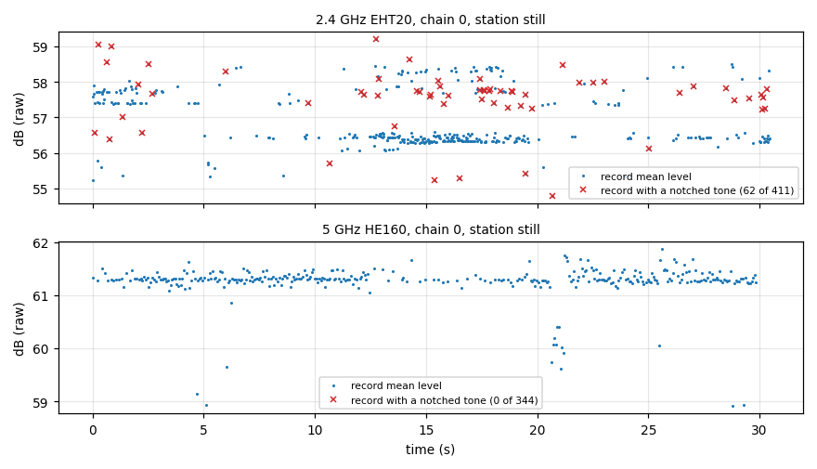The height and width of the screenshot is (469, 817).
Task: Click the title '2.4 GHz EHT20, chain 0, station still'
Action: point(431,20)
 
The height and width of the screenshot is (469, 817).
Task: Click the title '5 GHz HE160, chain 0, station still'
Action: point(431,229)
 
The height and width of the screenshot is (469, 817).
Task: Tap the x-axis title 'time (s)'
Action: point(431,449)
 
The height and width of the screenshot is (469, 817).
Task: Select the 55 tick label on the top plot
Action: point(40,189)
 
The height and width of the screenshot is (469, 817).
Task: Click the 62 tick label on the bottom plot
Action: point(40,243)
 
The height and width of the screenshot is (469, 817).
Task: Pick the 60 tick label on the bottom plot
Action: point(40,349)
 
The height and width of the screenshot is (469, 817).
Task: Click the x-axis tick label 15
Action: point(426,430)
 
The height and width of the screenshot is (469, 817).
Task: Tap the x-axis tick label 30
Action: point(759,430)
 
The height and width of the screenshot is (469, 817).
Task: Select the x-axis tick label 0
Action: point(93,430)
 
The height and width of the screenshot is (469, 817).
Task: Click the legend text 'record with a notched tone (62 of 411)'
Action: point(697,190)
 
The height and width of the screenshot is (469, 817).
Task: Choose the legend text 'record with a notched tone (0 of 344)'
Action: point(445,400)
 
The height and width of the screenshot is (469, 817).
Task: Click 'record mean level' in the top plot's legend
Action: point(646,176)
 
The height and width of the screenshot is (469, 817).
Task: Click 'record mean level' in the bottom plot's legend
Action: point(396,385)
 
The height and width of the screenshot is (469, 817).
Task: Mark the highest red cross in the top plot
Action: point(376,39)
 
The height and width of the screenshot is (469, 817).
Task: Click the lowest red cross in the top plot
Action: point(552,196)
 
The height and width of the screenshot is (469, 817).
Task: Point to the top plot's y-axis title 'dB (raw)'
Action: point(19,119)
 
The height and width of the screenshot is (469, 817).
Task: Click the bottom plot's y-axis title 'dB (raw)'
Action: point(19,329)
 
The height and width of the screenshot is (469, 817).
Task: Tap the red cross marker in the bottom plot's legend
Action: point(333,399)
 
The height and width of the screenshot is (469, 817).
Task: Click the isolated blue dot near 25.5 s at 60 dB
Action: point(659,346)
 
